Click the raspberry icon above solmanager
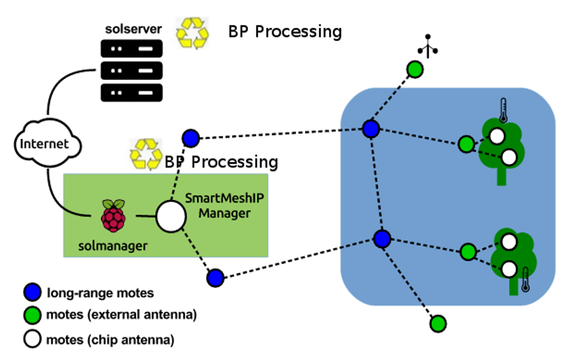(114, 216)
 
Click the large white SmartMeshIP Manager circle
(171, 217)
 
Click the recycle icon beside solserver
(192, 32)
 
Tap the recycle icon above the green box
(145, 154)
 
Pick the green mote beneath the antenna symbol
(415, 70)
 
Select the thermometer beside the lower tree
(525, 280)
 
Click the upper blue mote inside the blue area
(371, 128)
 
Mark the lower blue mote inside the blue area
(382, 238)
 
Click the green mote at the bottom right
(438, 324)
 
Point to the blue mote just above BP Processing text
(190, 139)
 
